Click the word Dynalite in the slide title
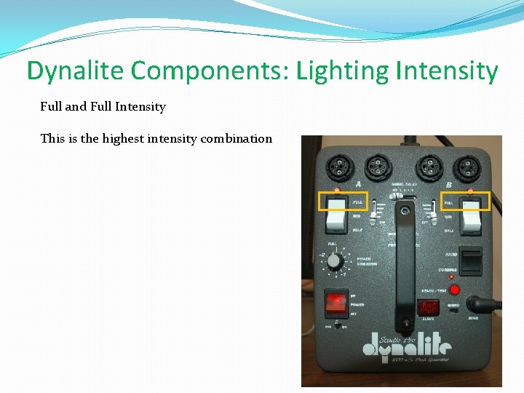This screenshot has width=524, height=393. coord(76,71)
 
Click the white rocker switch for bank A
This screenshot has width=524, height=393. coord(337,211)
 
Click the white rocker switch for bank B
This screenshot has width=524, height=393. coord(472,211)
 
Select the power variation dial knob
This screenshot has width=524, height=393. coord(336,261)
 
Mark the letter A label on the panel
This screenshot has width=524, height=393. coord(359,184)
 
